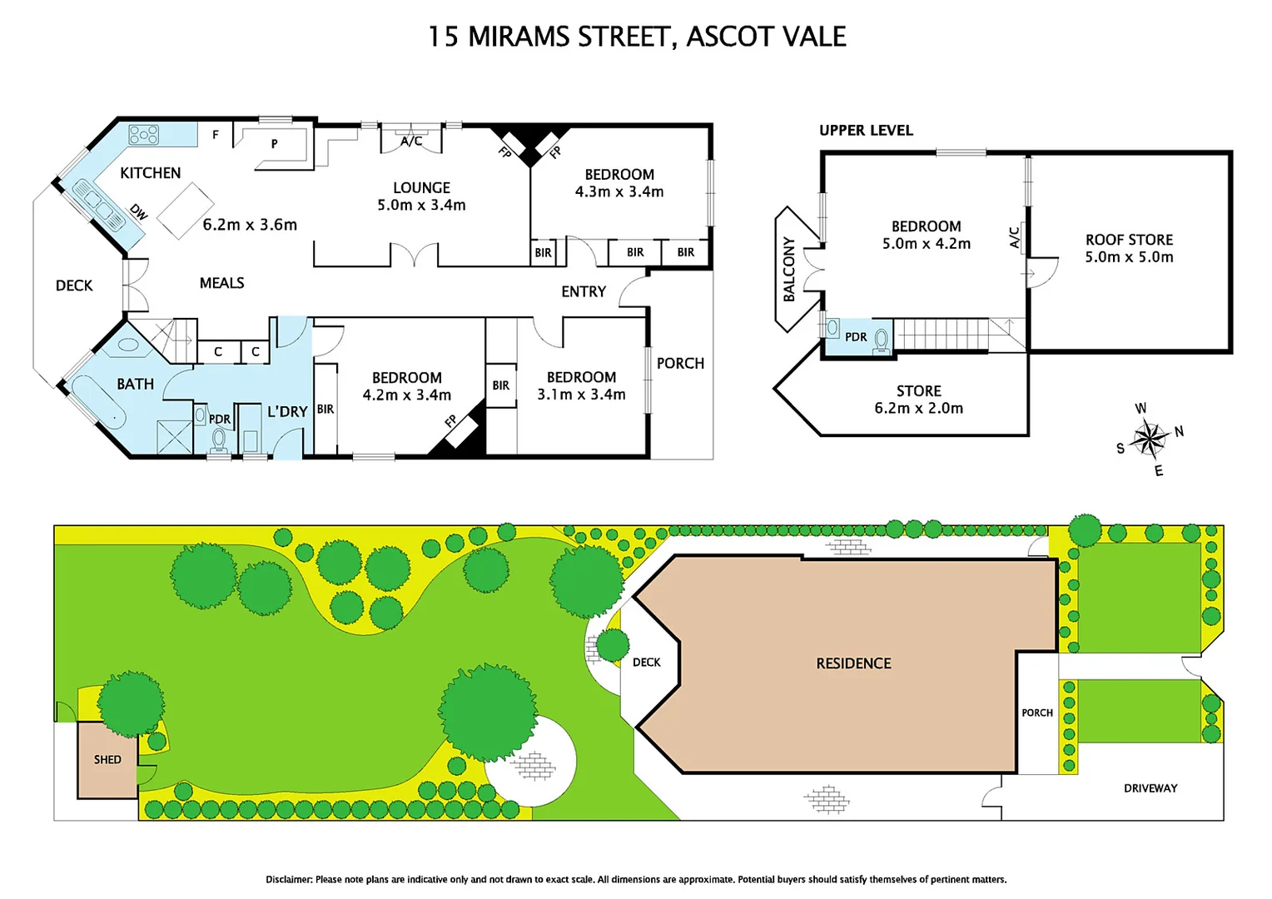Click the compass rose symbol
pos(1149,438)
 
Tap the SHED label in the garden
pos(107,759)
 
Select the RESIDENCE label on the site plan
pos(853,663)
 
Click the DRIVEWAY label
pos(1150,788)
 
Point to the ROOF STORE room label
pos(1129,240)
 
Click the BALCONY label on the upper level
pos(789,270)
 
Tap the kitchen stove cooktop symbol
pos(143,134)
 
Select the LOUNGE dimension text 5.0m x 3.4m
pos(421,206)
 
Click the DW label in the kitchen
pos(138,213)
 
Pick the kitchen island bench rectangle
pos(186,211)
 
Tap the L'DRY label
pos(287,411)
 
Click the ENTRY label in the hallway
pos(583,291)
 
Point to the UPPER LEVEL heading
pos(866,131)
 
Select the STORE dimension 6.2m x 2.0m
pos(918,409)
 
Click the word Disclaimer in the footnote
pos(289,879)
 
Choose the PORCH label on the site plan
pos(1037,713)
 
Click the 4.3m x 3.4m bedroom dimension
pos(619,192)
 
